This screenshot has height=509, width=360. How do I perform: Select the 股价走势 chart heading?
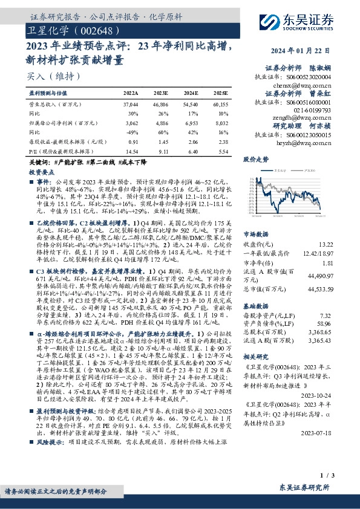click(255, 160)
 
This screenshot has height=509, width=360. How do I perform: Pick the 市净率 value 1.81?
click(327, 264)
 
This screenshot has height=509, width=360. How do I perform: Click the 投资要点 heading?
click(42, 172)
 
